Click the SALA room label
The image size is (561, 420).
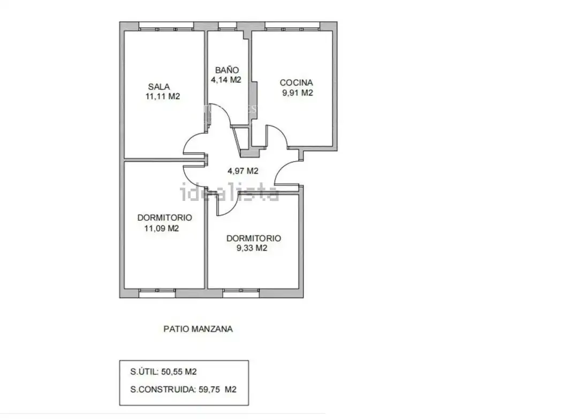(x=159, y=87)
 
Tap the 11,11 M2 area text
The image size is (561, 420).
(x=162, y=96)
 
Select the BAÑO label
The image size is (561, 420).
(x=227, y=69)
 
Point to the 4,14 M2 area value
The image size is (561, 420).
(x=226, y=80)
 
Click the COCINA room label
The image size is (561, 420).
(x=296, y=82)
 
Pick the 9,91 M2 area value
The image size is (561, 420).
(x=298, y=93)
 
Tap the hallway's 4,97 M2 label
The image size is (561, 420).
(x=243, y=171)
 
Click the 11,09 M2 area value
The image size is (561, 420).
(x=161, y=229)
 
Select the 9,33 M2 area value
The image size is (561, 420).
(x=252, y=248)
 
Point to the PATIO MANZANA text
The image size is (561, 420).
(x=198, y=329)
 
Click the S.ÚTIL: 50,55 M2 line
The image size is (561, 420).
(x=163, y=372)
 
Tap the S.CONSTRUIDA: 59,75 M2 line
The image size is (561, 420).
(x=183, y=390)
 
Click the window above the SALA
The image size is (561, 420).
(x=166, y=26)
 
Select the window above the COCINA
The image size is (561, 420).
(x=292, y=26)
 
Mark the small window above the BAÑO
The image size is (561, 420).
(x=228, y=26)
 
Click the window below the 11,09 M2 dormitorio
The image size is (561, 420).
(x=157, y=293)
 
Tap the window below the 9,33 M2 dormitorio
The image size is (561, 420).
(x=241, y=293)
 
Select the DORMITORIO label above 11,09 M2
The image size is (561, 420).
(x=164, y=217)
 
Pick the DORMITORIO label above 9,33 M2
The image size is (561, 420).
(x=254, y=238)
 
